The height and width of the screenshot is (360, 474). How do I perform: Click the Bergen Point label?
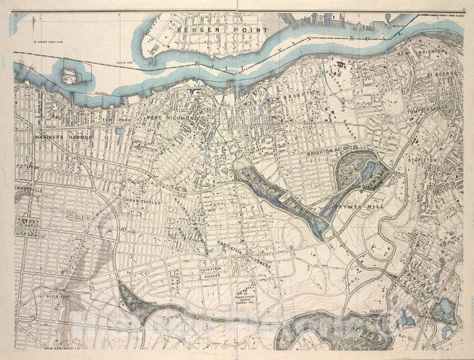click(223, 29)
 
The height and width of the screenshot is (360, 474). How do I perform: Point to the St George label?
click(443, 74)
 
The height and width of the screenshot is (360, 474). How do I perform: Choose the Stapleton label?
click(440, 160)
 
